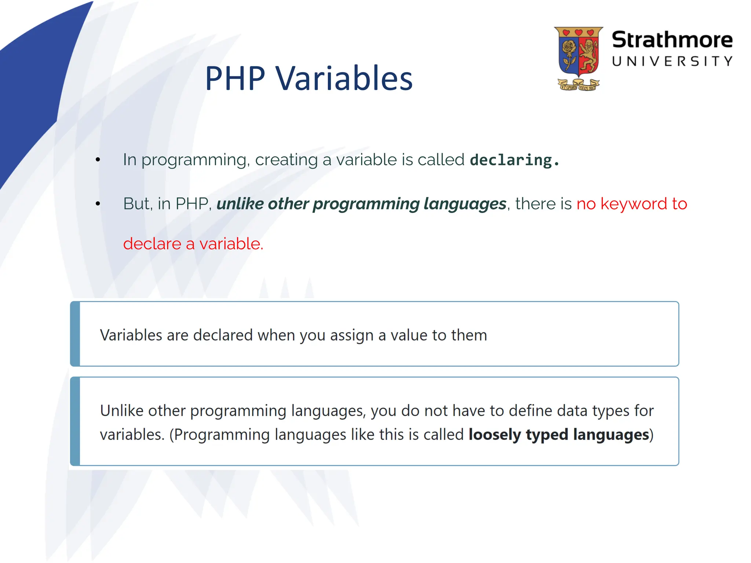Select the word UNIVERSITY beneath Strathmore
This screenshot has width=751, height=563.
tap(672, 61)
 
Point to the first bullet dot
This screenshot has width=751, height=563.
tap(98, 160)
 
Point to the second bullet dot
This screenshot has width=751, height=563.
tap(98, 204)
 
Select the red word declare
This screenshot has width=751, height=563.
tap(152, 244)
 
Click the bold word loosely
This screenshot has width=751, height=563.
tap(494, 435)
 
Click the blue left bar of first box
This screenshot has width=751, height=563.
tap(75, 334)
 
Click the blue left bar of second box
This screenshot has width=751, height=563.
tap(75, 422)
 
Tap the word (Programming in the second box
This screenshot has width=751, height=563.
tap(219, 435)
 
